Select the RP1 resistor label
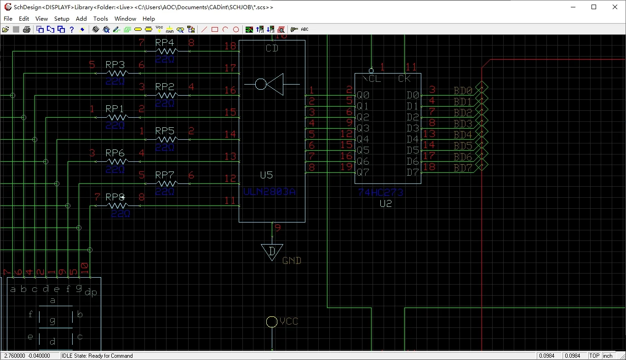coord(115,109)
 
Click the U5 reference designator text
coord(266,175)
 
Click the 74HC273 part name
coord(380,193)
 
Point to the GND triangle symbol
coord(272,251)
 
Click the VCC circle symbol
coord(272,322)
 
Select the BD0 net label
coord(463,91)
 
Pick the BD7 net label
coord(463,168)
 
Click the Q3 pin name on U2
coord(363,128)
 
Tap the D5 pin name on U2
coord(413,150)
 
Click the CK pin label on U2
coord(404,79)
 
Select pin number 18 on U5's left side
coord(230,46)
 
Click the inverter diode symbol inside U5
coord(272,84)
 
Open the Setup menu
coord(62,19)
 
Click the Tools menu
coord(100,19)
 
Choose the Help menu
coord(149,19)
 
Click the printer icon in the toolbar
coord(27,29)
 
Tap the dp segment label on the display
coord(91,293)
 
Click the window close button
coord(615,7)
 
